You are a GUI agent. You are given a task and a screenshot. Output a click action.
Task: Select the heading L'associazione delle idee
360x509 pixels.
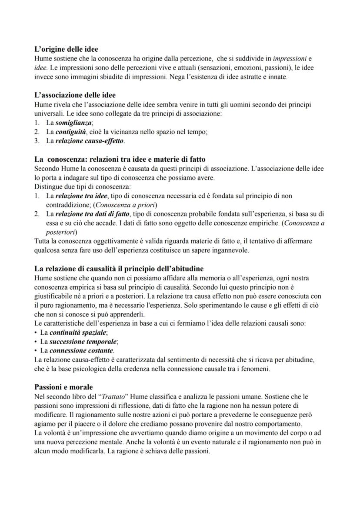tap(75, 94)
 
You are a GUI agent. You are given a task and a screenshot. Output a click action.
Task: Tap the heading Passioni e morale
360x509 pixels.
tap(63, 386)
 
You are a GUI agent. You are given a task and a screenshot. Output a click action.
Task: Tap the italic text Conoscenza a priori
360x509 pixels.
tap(126, 204)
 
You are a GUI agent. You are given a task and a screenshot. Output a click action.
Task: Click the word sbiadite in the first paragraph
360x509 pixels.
tap(103, 77)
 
